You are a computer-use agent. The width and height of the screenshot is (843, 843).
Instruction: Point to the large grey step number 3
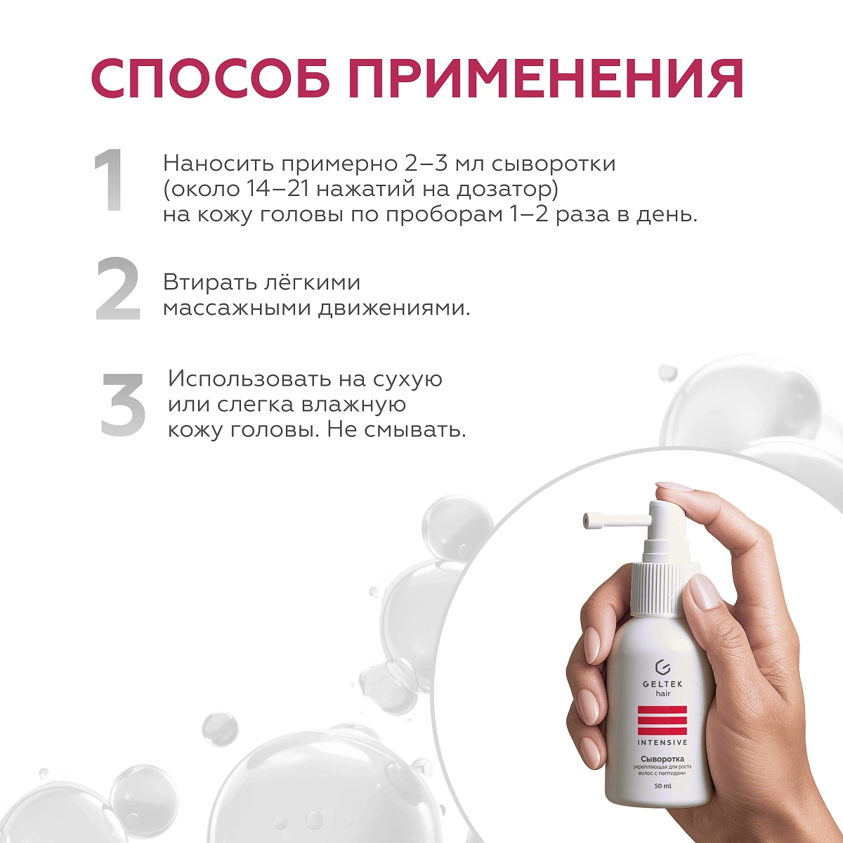[x=124, y=403]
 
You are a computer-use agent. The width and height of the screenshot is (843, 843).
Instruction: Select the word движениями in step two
[x=393, y=308]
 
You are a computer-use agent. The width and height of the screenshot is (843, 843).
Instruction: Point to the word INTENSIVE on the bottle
[x=662, y=742]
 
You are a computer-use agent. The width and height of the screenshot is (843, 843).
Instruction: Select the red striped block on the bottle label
[x=662, y=719]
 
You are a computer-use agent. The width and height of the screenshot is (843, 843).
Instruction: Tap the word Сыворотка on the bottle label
[x=662, y=759]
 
